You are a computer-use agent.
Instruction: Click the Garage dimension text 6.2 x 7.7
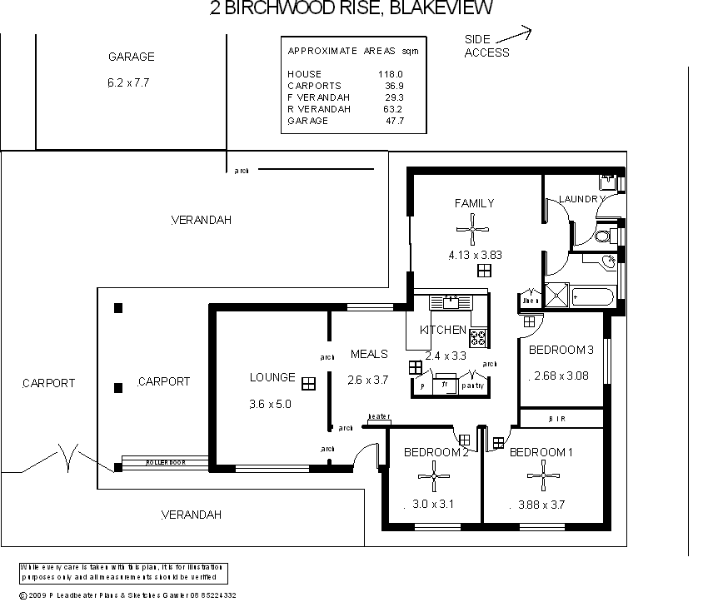click(131, 82)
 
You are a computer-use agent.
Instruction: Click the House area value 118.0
click(391, 74)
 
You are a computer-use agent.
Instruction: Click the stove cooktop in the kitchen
click(479, 338)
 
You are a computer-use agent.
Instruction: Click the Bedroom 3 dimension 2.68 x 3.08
click(561, 376)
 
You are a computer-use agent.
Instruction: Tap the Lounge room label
click(272, 377)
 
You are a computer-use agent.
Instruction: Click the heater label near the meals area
click(379, 416)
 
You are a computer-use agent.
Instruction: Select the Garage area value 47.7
click(393, 121)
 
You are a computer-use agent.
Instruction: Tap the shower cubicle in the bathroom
click(556, 295)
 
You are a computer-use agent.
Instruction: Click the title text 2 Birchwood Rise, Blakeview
click(351, 9)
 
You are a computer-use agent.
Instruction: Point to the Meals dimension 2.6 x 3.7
click(368, 381)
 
